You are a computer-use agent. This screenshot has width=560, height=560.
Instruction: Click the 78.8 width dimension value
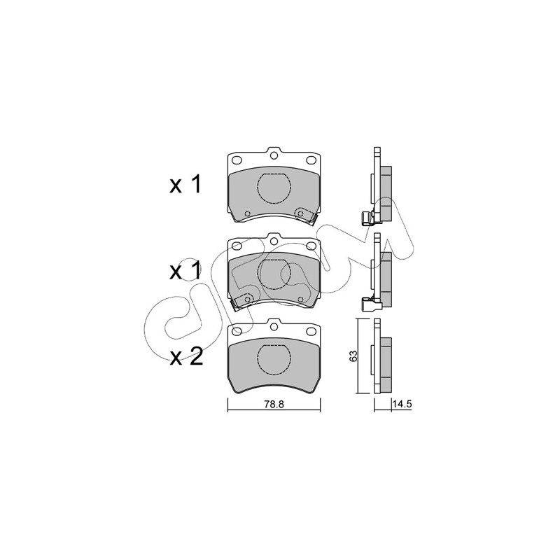pos(274,405)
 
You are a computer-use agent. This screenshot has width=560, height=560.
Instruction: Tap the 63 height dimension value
pos(353,356)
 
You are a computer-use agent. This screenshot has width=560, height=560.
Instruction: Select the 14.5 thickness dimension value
pos(402,405)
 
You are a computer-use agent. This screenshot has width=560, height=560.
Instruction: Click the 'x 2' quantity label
pos(186,357)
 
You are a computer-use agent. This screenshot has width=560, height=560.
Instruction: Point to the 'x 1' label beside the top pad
pos(185,185)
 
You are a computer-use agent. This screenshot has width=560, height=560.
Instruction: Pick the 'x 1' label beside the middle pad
pos(185,271)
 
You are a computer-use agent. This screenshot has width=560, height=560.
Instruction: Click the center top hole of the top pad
pos(274,155)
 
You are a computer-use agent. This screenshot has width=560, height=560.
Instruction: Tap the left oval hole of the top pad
pos(237,160)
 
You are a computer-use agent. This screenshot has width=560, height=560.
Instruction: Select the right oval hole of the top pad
pos(311,160)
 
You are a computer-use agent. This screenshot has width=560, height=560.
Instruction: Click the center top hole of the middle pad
pos(274,241)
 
